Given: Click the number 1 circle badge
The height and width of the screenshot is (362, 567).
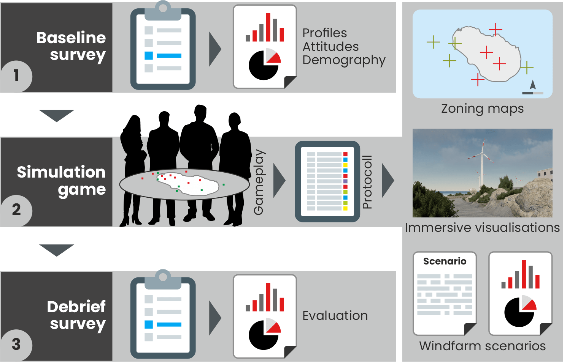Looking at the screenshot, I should click(x=16, y=76).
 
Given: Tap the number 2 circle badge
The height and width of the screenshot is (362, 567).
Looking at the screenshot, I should click(x=16, y=210).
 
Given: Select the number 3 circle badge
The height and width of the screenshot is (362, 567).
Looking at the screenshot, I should click(x=16, y=344).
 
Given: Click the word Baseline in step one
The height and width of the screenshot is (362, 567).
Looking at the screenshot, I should click(x=71, y=38).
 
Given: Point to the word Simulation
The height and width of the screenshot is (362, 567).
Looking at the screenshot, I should click(x=61, y=172).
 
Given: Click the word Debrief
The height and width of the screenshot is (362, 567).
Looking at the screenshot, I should click(x=76, y=307).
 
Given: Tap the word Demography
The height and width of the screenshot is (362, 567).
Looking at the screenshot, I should click(x=344, y=60).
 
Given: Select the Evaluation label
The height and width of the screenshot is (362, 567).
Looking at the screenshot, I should click(x=335, y=316).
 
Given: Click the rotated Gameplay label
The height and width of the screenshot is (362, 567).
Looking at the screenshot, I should click(x=259, y=182).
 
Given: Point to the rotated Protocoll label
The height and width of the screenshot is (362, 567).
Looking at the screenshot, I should click(x=367, y=182).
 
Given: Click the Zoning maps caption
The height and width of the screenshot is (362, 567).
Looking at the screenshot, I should click(x=482, y=109).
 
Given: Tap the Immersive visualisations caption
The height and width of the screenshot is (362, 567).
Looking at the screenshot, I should click(x=482, y=228).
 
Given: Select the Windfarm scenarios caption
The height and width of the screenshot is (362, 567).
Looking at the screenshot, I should click(x=482, y=346).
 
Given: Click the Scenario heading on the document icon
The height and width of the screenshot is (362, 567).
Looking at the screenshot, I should click(x=445, y=261).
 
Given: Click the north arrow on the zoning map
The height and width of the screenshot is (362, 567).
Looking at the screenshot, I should click(x=533, y=85).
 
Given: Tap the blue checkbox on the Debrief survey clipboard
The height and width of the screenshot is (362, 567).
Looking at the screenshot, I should click(x=149, y=324).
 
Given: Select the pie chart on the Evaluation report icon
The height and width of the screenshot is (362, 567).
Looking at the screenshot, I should click(x=264, y=334).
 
